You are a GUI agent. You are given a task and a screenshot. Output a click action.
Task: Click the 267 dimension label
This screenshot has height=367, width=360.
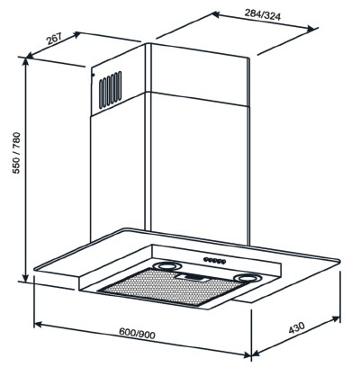click(54, 39)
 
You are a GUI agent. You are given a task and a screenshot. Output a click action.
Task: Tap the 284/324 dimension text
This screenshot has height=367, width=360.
click(263, 14)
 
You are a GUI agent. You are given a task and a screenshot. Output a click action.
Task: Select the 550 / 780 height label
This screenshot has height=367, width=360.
click(16, 153)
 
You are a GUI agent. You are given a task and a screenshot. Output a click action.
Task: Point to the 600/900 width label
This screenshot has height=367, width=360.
click(137, 333)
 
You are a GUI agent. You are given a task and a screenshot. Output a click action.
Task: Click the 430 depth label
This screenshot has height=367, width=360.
click(297, 327)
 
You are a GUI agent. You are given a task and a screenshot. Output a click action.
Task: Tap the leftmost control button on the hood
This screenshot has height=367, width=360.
click(206, 259)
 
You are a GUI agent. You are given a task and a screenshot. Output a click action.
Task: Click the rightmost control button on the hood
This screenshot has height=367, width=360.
click(223, 262)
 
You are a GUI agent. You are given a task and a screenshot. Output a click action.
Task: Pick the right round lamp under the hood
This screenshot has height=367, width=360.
click(247, 278)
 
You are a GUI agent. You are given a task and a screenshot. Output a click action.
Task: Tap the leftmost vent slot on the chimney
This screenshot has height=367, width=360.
click(101, 94)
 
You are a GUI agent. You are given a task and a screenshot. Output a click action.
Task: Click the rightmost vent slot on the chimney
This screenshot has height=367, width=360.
click(120, 85)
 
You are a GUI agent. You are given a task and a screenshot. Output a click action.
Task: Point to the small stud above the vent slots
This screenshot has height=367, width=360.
click(93, 75)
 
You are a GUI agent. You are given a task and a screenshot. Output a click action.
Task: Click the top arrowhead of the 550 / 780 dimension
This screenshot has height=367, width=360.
click(26, 62)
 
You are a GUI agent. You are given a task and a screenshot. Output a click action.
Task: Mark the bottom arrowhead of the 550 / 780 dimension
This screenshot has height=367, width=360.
click(26, 278)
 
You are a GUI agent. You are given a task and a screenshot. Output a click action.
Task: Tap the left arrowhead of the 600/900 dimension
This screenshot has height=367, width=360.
click(38, 325)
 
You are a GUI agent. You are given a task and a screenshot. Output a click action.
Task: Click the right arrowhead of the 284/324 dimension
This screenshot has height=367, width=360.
click(312, 29)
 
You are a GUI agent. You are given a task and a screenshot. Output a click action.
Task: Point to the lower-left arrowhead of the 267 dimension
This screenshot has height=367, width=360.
click(31, 55)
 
